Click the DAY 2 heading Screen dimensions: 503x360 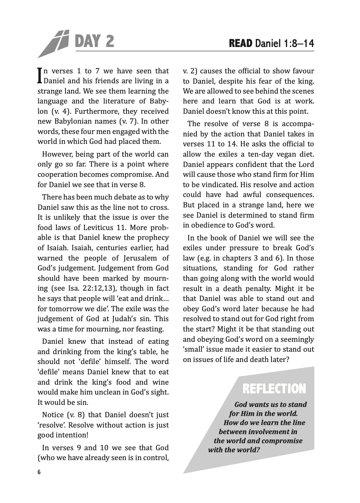[94, 41]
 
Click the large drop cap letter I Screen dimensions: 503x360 [40, 75]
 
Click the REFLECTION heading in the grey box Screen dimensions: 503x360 [274, 389]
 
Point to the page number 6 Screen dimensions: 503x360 [39, 472]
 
